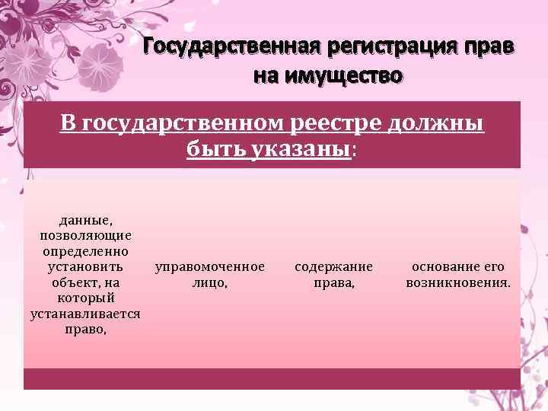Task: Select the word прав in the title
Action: (x=488, y=47)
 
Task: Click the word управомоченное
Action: (x=210, y=267)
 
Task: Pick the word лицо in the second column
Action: (x=209, y=283)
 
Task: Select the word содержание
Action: (x=333, y=267)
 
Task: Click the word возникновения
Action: (x=458, y=283)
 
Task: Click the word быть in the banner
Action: (x=209, y=148)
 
